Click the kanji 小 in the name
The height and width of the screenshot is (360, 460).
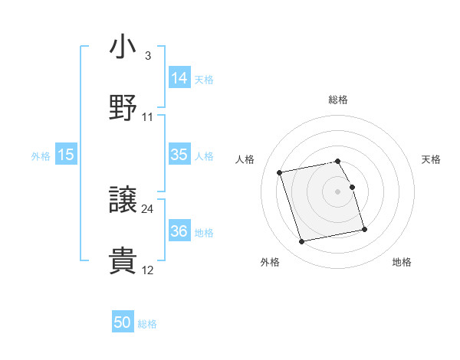pyautogui.click(x=123, y=47)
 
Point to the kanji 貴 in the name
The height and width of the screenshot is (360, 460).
pyautogui.click(x=123, y=260)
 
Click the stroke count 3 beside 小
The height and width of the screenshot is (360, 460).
pyautogui.click(x=147, y=56)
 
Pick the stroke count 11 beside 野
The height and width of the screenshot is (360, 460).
pyautogui.click(x=148, y=116)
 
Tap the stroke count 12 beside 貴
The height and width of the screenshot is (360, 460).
pyautogui.click(x=148, y=270)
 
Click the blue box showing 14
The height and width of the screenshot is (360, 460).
pyautogui.click(x=179, y=77)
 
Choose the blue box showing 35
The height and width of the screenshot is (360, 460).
pyautogui.click(x=179, y=155)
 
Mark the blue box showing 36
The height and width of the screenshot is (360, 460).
pyautogui.click(x=179, y=231)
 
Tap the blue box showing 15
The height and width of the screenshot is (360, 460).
pyautogui.click(x=66, y=155)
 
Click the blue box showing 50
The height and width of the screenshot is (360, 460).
pyautogui.click(x=123, y=322)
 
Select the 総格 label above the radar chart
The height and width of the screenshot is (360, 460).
pyautogui.click(x=338, y=100)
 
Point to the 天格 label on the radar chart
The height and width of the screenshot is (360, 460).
pyautogui.click(x=432, y=159)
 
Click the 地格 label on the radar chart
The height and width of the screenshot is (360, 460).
pyautogui.click(x=402, y=263)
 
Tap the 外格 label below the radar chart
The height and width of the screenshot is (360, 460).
pyautogui.click(x=270, y=263)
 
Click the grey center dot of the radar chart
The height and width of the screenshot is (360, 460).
pyautogui.click(x=338, y=191)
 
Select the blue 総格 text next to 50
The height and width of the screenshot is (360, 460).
pyautogui.click(x=147, y=324)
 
